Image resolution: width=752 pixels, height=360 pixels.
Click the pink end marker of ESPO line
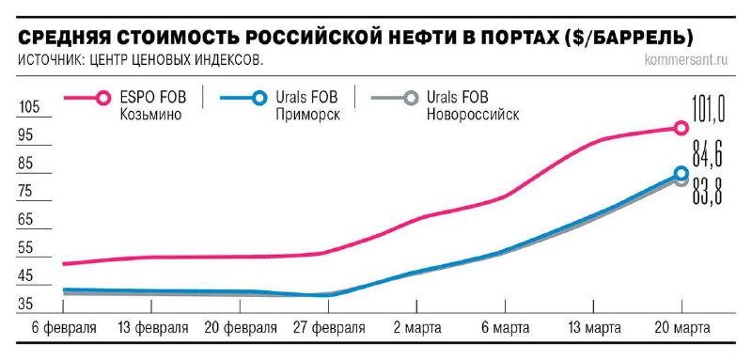tap(681, 128)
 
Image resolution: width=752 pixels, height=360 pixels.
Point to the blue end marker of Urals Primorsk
tap(681, 173)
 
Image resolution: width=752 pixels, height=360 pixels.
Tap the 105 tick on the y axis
tap(28, 107)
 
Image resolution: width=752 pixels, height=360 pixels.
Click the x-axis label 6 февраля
tap(62, 328)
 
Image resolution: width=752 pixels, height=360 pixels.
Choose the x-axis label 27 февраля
tap(326, 328)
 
